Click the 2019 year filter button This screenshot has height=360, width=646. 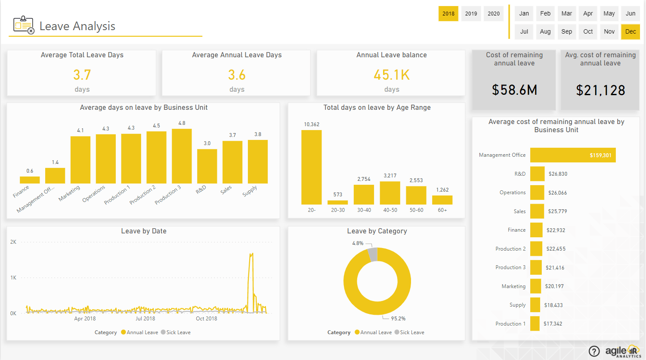[471, 13]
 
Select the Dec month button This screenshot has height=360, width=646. [630, 31]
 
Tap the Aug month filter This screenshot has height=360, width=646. [545, 31]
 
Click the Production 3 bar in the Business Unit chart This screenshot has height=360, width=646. [182, 156]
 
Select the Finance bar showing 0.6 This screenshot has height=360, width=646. [30, 180]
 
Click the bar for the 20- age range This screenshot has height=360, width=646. [311, 167]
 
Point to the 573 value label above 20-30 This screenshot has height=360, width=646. [337, 195]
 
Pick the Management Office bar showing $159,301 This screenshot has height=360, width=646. [572, 155]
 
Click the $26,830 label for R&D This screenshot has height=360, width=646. [558, 174]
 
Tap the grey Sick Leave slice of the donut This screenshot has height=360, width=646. [373, 254]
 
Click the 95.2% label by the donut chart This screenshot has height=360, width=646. [398, 319]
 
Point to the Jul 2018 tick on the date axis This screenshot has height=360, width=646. [145, 319]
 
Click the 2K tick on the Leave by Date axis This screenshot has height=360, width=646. [13, 242]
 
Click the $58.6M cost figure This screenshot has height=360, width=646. [514, 90]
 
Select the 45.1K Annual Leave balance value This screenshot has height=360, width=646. [391, 75]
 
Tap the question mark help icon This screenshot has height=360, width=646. [594, 351]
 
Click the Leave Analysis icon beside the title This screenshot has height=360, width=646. [23, 25]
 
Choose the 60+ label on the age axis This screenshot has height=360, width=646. [442, 210]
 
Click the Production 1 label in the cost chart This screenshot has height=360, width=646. [510, 324]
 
